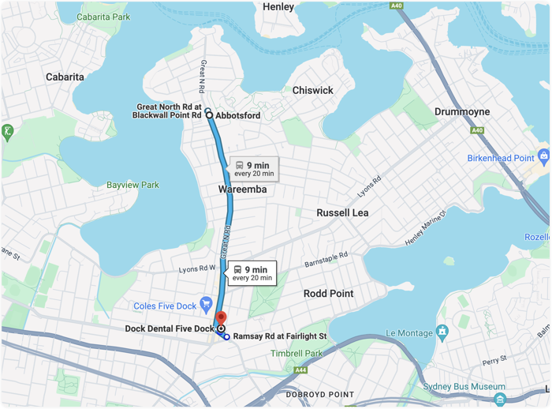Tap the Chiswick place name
pos(313,91)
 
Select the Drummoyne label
pos(462,111)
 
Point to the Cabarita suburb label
pos(65,77)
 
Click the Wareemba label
pos(242,189)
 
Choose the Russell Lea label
pos(342,213)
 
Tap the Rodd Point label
pos(329,294)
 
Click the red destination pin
pos(221,318)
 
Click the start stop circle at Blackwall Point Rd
pos(209,115)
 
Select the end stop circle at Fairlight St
pos(227,337)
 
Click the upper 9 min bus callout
pos(255,169)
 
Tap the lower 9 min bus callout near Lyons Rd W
pos(252,273)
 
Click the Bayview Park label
pos(132,185)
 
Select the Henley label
pos(278,7)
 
